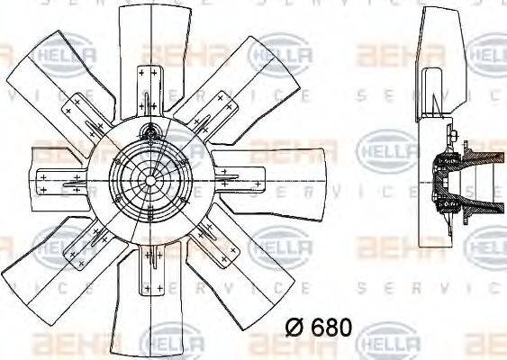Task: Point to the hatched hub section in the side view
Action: pyautogui.click(x=443, y=184)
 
